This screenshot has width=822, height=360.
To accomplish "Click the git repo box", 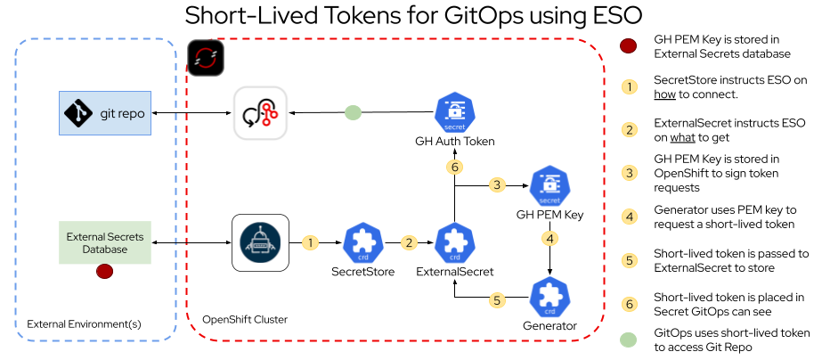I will pyautogui.click(x=104, y=113).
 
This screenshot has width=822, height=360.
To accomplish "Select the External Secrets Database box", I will pyautogui.click(x=103, y=242).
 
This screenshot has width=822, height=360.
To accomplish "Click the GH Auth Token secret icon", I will pyautogui.click(x=454, y=113).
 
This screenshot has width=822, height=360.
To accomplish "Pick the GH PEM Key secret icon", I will pyautogui.click(x=549, y=186).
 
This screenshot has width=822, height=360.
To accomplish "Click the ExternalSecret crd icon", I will pyautogui.click(x=454, y=242).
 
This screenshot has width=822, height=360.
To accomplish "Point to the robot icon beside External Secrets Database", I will pyautogui.click(x=260, y=242).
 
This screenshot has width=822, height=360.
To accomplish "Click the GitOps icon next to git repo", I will pyautogui.click(x=260, y=113).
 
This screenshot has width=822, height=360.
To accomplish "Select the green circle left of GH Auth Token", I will pyautogui.click(x=353, y=113).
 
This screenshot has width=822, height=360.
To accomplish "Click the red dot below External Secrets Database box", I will pyautogui.click(x=103, y=271).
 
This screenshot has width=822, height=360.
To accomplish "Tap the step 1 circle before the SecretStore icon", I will pyautogui.click(x=310, y=242).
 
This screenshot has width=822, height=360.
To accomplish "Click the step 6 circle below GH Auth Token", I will pyautogui.click(x=454, y=167).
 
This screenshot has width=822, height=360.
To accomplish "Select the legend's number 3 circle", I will pyautogui.click(x=629, y=172).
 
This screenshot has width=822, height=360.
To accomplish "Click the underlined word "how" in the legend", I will pyautogui.click(x=664, y=94).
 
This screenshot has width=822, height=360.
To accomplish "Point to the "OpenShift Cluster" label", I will pyautogui.click(x=245, y=319).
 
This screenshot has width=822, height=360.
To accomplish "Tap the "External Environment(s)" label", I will pyautogui.click(x=85, y=323).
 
